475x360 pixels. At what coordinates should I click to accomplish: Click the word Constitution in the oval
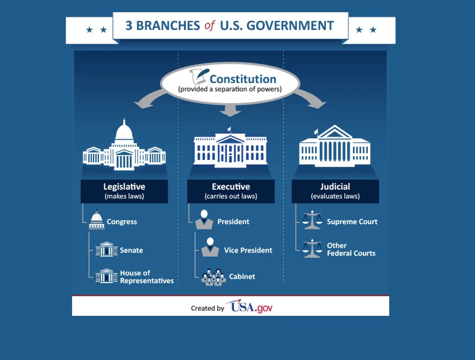[x=243, y=79]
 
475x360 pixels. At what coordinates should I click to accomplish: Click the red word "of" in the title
[x=210, y=26]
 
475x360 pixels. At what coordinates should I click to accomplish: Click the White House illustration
[x=230, y=148]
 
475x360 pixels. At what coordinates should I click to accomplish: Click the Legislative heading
[x=124, y=187]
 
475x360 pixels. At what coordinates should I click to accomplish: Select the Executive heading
[x=231, y=187]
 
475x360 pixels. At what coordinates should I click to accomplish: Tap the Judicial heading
[x=335, y=187]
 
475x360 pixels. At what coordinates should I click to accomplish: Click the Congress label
[x=122, y=222]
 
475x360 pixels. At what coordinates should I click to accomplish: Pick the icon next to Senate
[x=106, y=249]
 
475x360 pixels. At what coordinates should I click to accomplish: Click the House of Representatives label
[x=147, y=277]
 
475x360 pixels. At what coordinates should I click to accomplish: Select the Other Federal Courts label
[x=351, y=249]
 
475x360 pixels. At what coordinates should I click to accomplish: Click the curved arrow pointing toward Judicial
[x=313, y=98]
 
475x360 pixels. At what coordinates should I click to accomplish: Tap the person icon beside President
[x=204, y=220]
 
